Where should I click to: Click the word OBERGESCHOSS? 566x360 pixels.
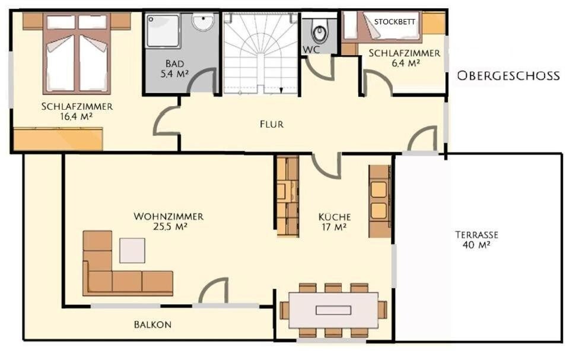[x=508, y=76]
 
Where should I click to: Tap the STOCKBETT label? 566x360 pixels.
[x=395, y=22]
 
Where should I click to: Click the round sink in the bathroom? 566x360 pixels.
[x=204, y=21]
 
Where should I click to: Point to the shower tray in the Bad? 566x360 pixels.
[x=163, y=31]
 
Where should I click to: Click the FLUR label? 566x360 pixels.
[x=272, y=125]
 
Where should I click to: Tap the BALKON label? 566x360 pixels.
[x=152, y=324]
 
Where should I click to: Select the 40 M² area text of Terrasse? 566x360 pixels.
[x=476, y=245]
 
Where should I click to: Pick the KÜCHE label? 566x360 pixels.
[x=335, y=217]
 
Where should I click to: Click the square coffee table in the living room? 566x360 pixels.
[x=132, y=250]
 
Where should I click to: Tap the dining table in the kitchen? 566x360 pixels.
[x=333, y=310]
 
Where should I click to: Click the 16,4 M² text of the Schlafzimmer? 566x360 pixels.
[x=77, y=116]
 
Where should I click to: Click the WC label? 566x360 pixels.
[x=311, y=50]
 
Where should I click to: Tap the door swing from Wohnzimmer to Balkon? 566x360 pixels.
[x=214, y=291]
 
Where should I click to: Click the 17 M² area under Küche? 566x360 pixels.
[x=334, y=227]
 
